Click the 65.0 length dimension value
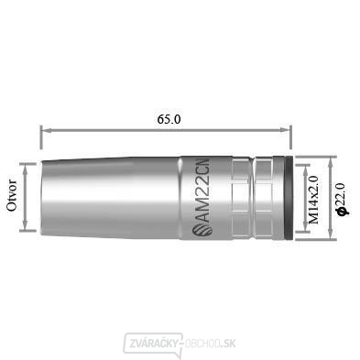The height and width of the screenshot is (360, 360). point(169,119)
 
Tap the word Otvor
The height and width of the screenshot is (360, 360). point(12,196)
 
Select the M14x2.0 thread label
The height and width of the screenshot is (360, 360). point(313,200)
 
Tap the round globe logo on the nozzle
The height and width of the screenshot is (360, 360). point(202,230)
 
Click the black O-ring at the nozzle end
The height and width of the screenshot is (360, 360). point(289,198)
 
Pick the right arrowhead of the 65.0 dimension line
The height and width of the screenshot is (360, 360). point(285,130)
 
